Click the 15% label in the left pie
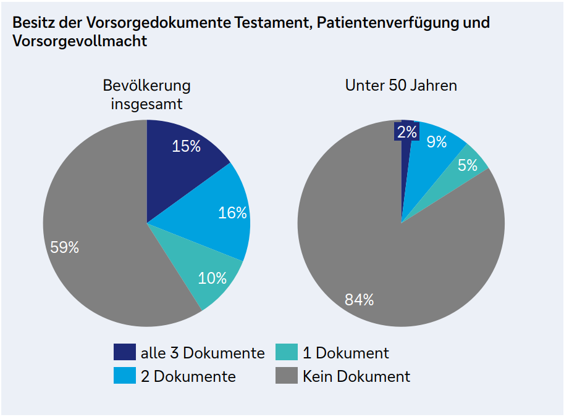[x=187, y=146]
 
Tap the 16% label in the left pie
[x=232, y=213]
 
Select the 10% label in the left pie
[x=212, y=278]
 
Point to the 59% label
[x=65, y=247]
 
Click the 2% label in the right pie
[x=407, y=131]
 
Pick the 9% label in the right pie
[x=437, y=142]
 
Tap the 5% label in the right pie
[x=467, y=165]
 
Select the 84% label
[x=359, y=300]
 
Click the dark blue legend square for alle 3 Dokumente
[x=124, y=352]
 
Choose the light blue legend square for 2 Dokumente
[x=124, y=376]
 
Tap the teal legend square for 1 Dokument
[x=286, y=352]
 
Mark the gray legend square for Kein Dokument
[x=286, y=376]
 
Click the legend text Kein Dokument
[x=356, y=376]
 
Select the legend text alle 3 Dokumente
[x=203, y=353]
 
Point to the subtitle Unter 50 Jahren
[x=401, y=85]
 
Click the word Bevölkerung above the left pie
[x=146, y=85]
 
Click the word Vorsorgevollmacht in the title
[x=80, y=41]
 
